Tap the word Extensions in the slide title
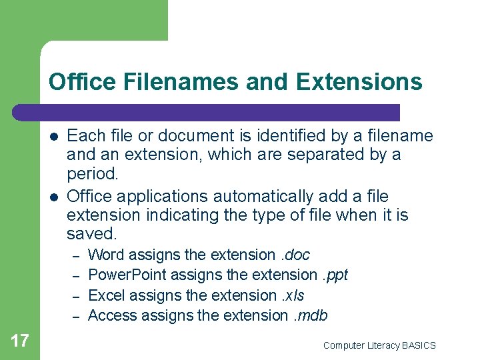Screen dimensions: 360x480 click(359, 82)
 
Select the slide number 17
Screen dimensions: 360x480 click(20, 341)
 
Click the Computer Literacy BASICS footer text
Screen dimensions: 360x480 click(379, 345)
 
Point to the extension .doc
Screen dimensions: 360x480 click(295, 255)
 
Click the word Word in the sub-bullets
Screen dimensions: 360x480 click(107, 255)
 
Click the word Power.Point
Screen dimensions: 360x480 click(127, 275)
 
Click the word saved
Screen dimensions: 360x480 click(91, 233)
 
